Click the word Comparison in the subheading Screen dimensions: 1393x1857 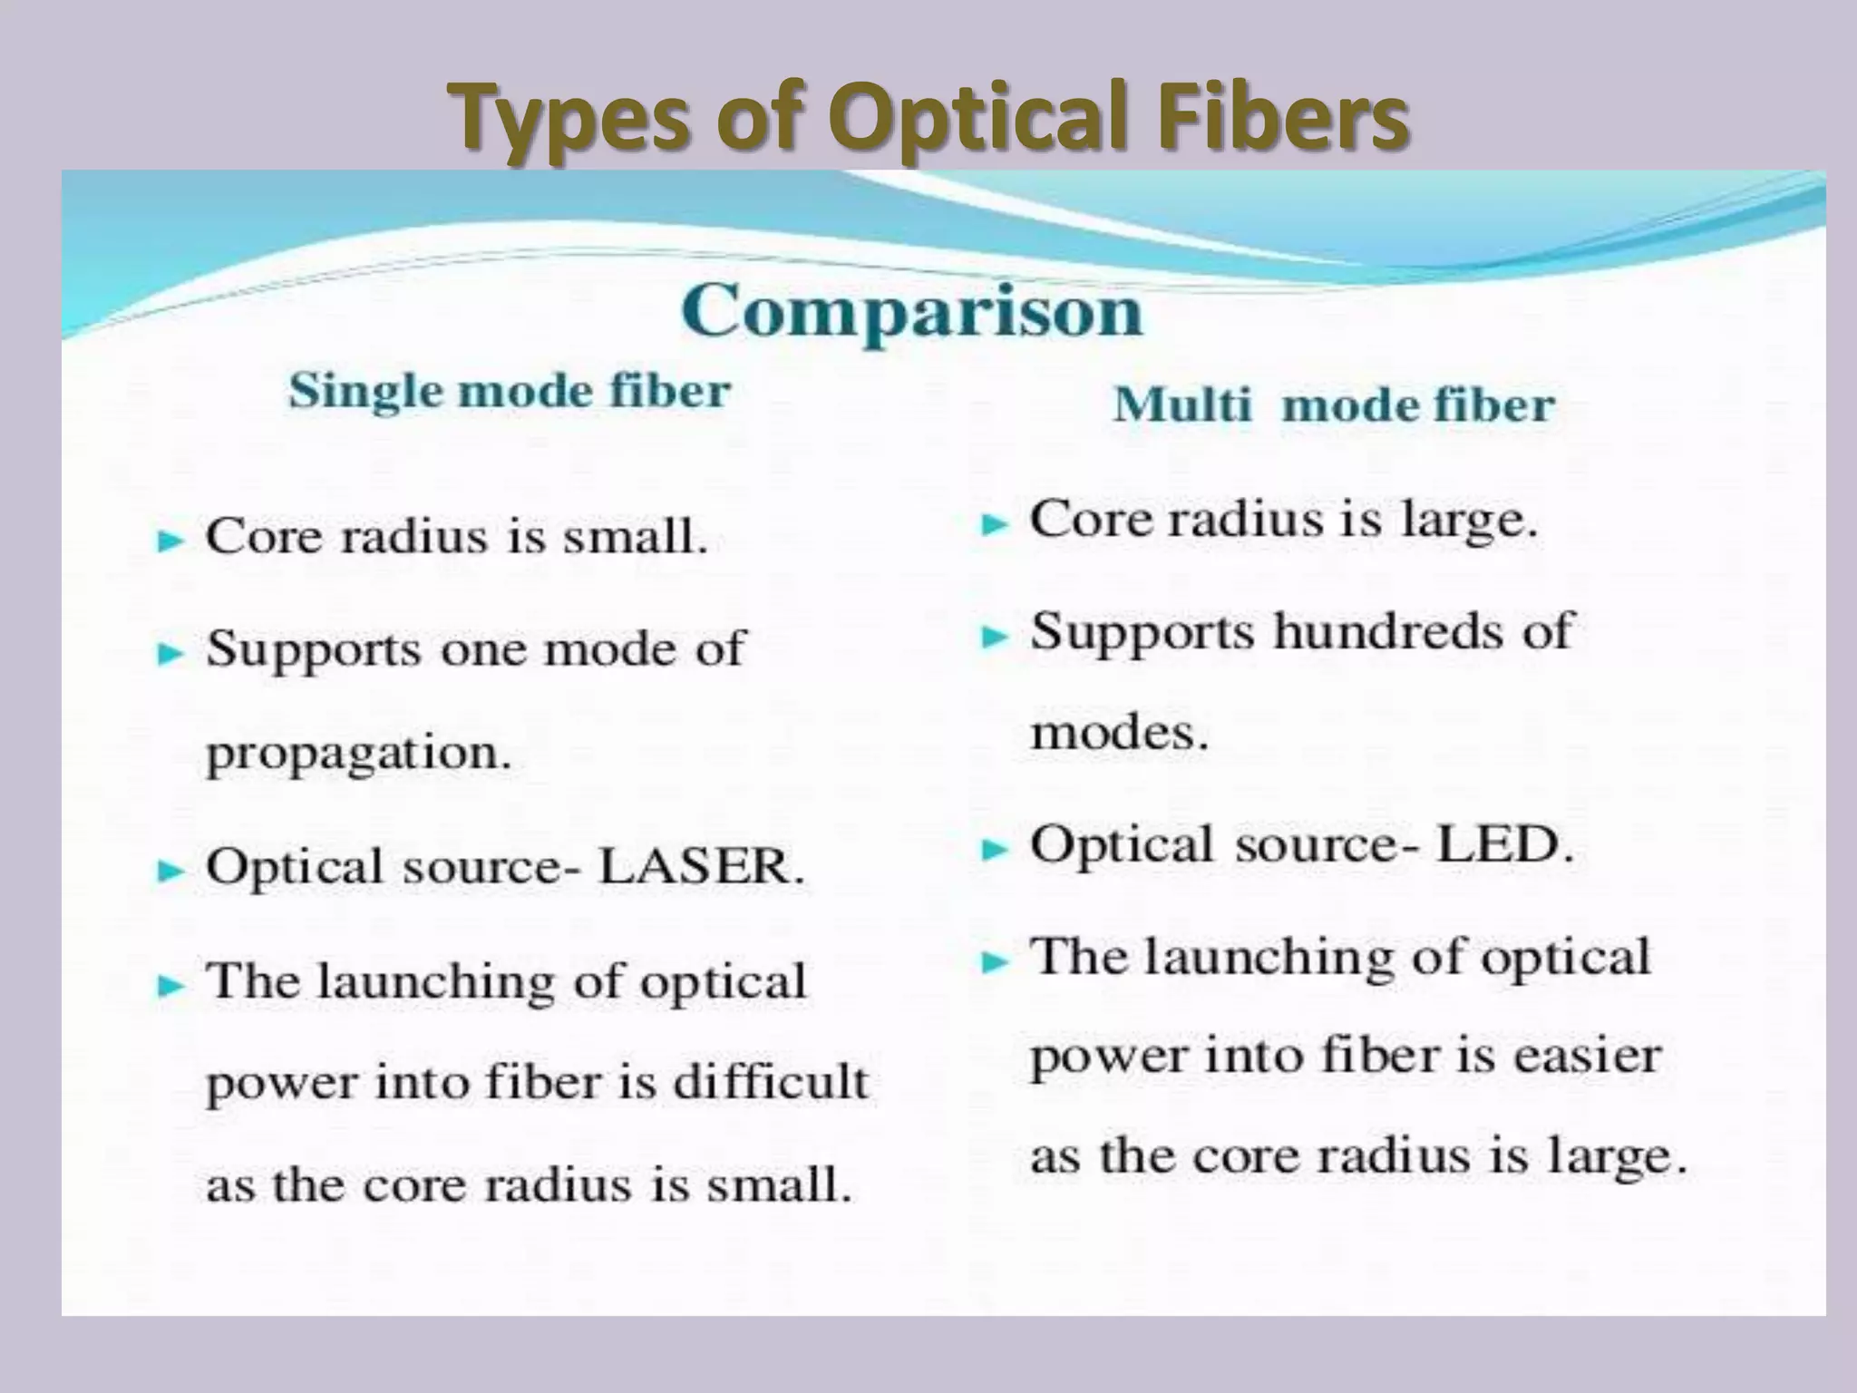coord(911,311)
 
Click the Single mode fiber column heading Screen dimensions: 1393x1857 coord(509,392)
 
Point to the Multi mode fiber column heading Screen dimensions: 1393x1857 coord(1333,404)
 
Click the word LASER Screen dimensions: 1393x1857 coord(701,866)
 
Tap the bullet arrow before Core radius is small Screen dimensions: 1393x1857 coord(170,541)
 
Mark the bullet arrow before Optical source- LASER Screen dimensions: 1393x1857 coord(170,872)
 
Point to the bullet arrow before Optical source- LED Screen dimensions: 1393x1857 coord(996,850)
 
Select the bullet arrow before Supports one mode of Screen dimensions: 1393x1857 coord(170,653)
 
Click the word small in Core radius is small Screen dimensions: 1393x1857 coord(635,536)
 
